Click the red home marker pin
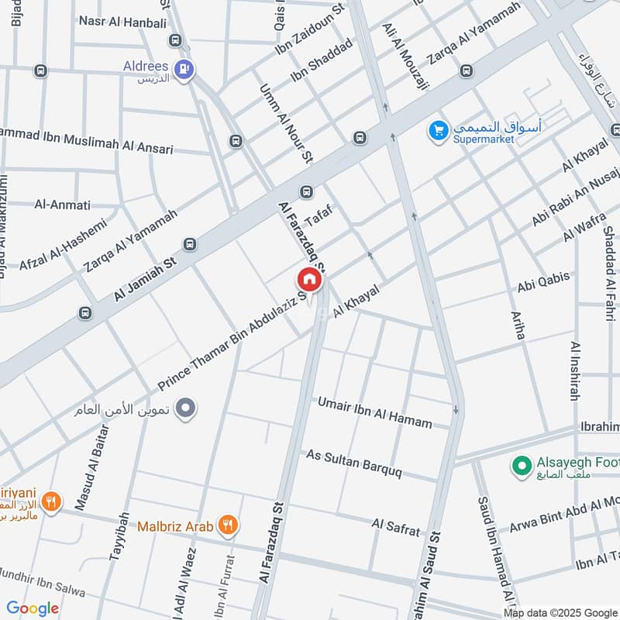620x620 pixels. click(308, 280)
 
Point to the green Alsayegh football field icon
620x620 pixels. click(519, 466)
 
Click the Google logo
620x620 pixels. click(33, 608)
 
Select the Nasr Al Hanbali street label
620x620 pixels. click(116, 21)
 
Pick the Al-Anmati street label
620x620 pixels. click(62, 205)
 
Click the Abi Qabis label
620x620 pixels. click(543, 282)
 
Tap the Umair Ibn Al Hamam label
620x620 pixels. click(374, 412)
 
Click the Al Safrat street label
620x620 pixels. click(396, 528)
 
